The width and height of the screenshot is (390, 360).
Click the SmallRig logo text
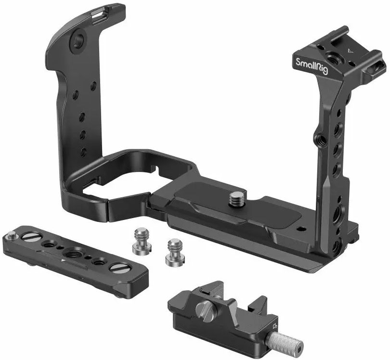(312, 66)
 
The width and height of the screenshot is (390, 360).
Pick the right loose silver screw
(176, 252)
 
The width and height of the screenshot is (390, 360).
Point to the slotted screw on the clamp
(204, 309)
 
